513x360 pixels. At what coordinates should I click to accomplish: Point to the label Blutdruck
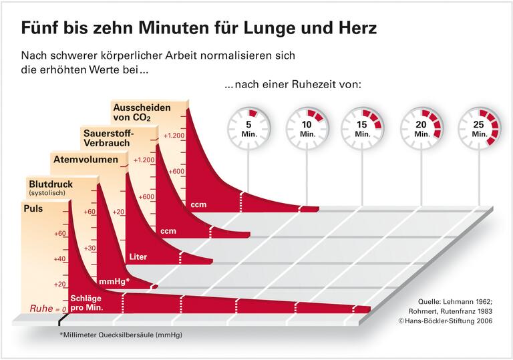click(x=50, y=184)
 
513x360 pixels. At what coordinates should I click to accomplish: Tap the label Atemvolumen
click(x=85, y=160)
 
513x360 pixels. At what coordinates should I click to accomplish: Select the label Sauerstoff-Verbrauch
click(x=108, y=138)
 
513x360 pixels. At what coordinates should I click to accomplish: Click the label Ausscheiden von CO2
click(x=142, y=112)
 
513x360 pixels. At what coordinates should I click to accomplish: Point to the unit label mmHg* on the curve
click(x=114, y=281)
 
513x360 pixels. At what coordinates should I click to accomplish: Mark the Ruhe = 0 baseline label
click(x=48, y=309)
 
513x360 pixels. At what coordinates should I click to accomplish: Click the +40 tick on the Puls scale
click(x=59, y=259)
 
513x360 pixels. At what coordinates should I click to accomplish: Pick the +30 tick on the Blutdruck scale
click(x=90, y=248)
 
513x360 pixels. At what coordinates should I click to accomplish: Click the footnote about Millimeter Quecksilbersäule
click(x=120, y=334)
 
